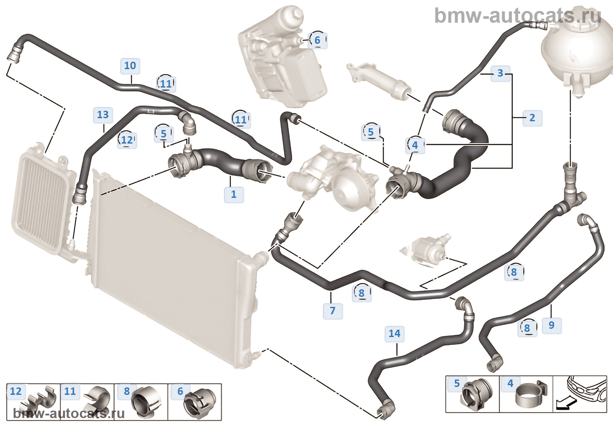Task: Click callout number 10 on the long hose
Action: [130, 66]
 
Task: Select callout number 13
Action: [103, 115]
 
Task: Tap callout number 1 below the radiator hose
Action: [233, 194]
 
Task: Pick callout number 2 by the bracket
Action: [532, 118]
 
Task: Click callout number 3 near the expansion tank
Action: [500, 73]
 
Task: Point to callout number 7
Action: [333, 310]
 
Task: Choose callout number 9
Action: [551, 325]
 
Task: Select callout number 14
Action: [395, 334]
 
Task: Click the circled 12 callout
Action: [127, 140]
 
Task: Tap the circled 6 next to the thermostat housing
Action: [317, 40]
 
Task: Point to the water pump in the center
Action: [337, 179]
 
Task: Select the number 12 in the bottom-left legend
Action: [16, 391]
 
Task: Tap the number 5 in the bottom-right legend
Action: [457, 383]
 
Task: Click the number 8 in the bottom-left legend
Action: [127, 391]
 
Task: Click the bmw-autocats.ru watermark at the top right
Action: [518, 16]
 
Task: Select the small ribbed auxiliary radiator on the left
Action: [42, 201]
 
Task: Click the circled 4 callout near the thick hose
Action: [415, 145]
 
